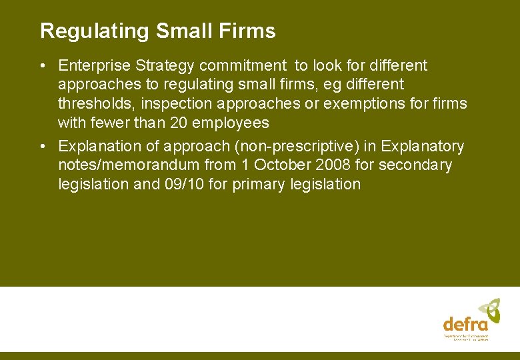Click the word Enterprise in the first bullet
pos(92,66)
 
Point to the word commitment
pos(239,66)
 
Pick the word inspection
pos(178,104)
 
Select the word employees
pos(230,123)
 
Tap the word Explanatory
pos(423,146)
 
